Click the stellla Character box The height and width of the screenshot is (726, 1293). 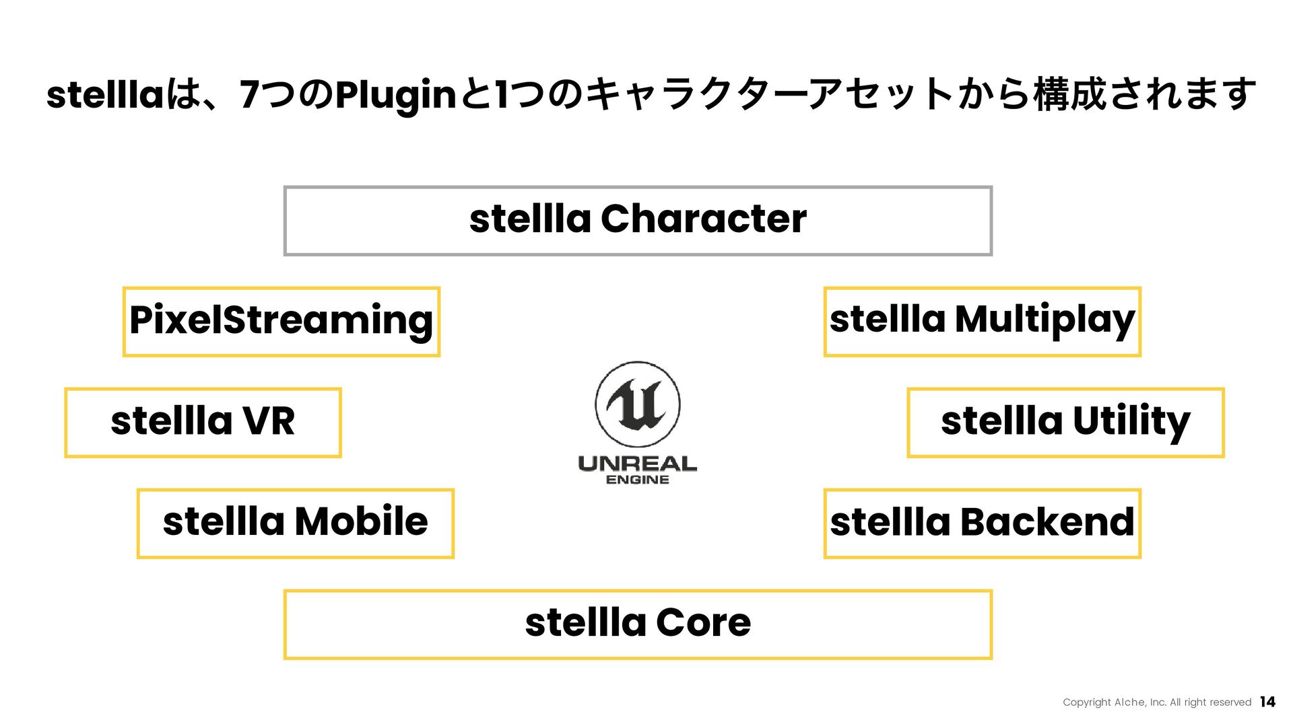pos(638,221)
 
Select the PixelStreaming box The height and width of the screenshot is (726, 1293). pos(281,322)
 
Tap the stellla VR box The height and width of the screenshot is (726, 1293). pos(203,423)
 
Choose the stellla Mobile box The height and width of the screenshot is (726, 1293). pos(295,523)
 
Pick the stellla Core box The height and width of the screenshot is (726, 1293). pos(638,624)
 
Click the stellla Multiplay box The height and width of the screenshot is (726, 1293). pos(982,322)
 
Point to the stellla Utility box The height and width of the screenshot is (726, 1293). pos(1065,423)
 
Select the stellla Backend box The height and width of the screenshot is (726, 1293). pos(982,523)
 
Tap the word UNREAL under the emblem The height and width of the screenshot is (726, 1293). pos(637,464)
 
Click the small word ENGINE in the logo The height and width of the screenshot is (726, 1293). pos(637,480)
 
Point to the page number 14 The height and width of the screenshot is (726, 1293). pos(1267,702)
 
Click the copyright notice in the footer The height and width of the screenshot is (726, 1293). pos(1156,702)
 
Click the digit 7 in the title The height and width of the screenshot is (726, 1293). pos(249,94)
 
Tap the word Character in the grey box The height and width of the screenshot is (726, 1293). pos(703,219)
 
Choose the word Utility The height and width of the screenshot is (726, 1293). pos(1131,422)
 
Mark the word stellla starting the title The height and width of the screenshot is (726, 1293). pos(105,95)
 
